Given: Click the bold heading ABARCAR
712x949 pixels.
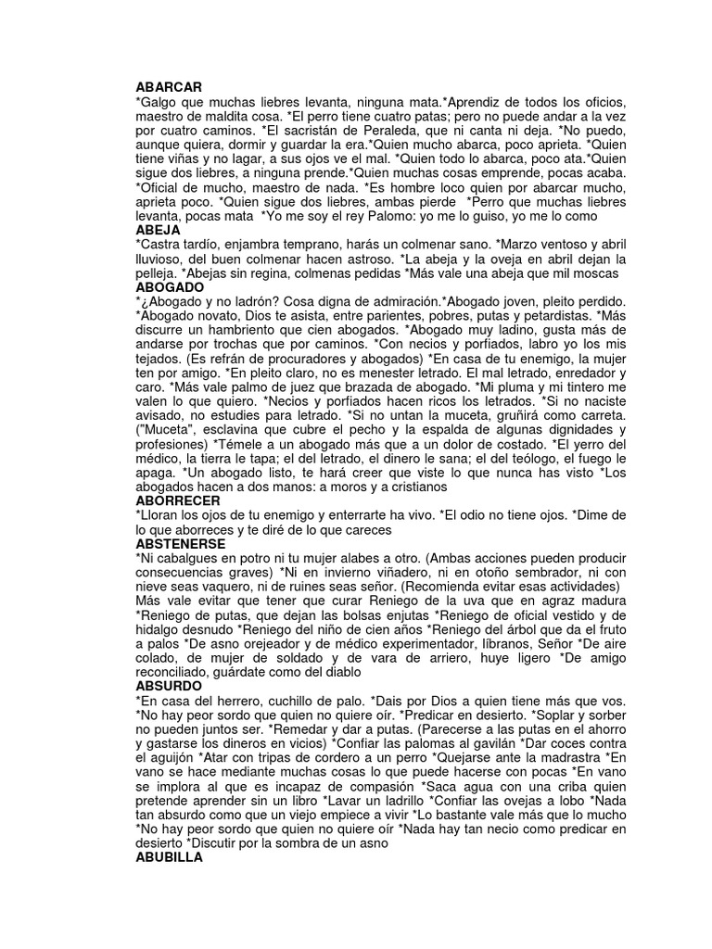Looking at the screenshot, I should tap(169, 86).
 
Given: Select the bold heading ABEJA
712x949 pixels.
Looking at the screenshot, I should tap(158, 229).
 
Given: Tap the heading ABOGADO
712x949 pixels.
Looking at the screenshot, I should tap(170, 288).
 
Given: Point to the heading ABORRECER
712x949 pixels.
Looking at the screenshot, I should tap(178, 500).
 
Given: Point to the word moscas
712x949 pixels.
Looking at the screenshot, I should tap(595, 274).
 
